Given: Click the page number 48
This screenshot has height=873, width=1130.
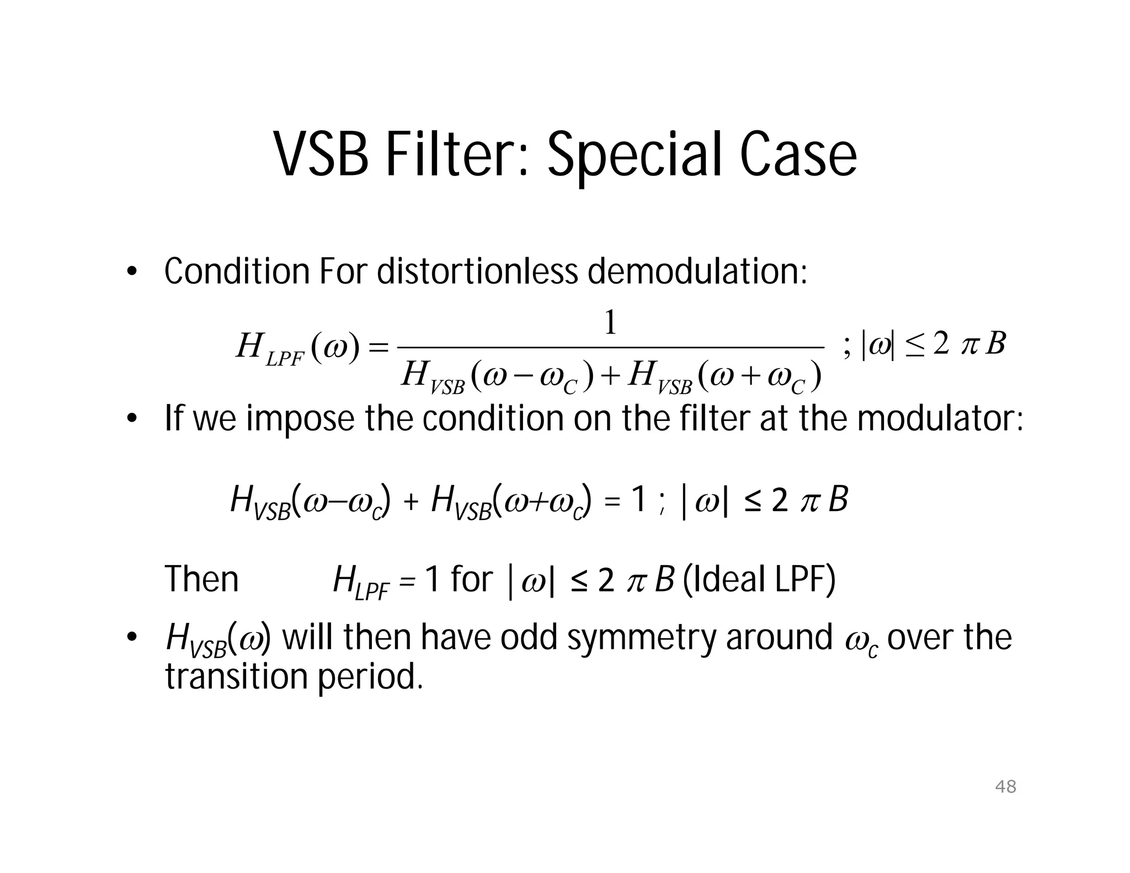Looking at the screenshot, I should click(x=1005, y=786).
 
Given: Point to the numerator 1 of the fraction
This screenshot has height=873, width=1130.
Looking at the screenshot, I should click(x=610, y=323).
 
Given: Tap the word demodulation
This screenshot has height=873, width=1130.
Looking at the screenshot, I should click(x=697, y=272).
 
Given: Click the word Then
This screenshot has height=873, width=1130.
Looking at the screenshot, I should click(x=202, y=579).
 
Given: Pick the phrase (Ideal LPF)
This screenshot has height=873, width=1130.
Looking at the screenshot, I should click(x=759, y=579).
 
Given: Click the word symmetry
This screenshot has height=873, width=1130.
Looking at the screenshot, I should click(x=642, y=637).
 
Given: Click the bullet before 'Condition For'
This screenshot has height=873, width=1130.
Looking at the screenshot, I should click(x=131, y=272).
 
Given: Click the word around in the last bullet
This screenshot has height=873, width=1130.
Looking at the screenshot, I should click(x=779, y=637).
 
